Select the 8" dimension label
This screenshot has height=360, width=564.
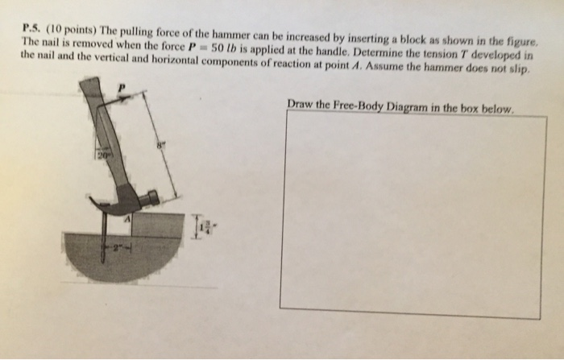pos(160,145)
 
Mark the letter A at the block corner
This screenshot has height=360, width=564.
pos(126,218)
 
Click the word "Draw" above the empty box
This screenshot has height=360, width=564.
pos(301,105)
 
